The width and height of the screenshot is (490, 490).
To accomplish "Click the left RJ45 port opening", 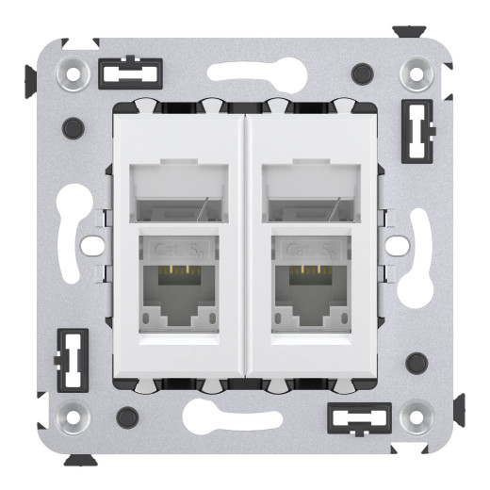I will [x=177, y=294].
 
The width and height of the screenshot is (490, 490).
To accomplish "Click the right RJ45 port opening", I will [x=308, y=294].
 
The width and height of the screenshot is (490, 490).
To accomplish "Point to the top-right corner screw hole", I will [x=416, y=71].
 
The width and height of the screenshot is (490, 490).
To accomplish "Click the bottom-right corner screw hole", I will [x=416, y=415].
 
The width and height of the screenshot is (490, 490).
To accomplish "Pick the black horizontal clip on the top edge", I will [x=130, y=73].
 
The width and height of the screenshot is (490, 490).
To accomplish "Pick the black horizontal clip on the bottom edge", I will [x=359, y=416].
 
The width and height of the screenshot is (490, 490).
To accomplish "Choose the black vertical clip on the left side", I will [x=73, y=359].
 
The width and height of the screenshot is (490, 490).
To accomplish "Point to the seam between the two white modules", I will [x=245, y=245].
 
